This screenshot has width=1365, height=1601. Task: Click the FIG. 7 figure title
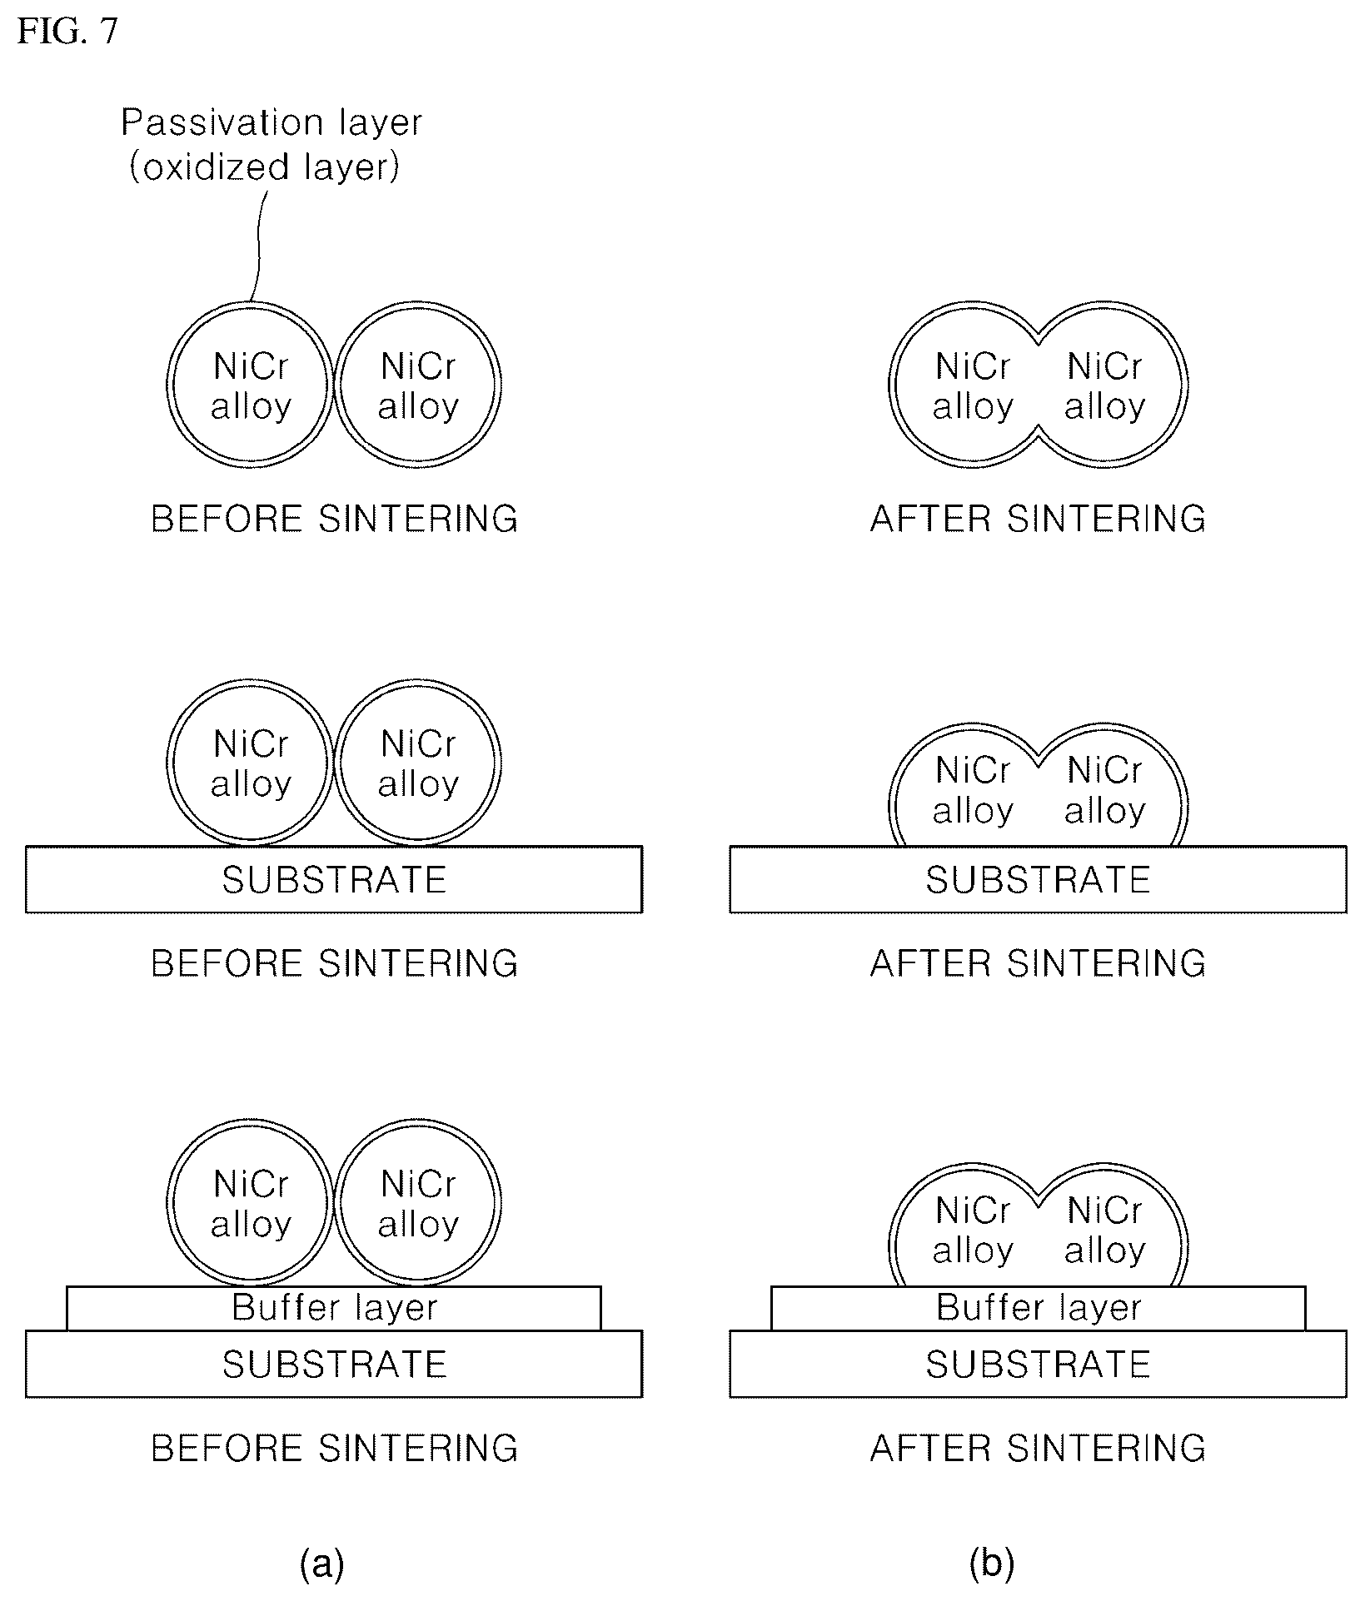[x=67, y=32]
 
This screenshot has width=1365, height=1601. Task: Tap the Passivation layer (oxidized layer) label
[x=272, y=145]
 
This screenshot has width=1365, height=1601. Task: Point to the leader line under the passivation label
[x=258, y=246]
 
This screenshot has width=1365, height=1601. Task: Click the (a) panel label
[x=321, y=1564]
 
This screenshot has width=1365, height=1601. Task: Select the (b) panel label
[x=992, y=1564]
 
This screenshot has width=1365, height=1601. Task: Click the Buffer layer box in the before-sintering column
[x=334, y=1308]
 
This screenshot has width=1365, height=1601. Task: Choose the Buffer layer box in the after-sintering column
[x=1038, y=1308]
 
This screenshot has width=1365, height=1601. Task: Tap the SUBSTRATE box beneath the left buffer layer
[x=334, y=1364]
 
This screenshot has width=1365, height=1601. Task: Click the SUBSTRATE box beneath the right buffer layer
[x=1038, y=1364]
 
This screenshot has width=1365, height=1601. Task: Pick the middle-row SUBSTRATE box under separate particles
[x=334, y=880]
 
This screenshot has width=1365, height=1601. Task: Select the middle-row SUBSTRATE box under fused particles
[x=1038, y=880]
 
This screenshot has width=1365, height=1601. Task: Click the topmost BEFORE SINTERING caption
[x=335, y=519]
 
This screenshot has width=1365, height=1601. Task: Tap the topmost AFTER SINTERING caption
[x=1038, y=519]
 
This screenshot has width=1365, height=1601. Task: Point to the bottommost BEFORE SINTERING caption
[x=335, y=1449]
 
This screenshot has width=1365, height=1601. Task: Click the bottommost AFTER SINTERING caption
[x=1038, y=1449]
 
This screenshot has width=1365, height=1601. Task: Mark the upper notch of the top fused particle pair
[x=1038, y=342]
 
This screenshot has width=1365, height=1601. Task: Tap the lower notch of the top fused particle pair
[x=1038, y=427]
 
